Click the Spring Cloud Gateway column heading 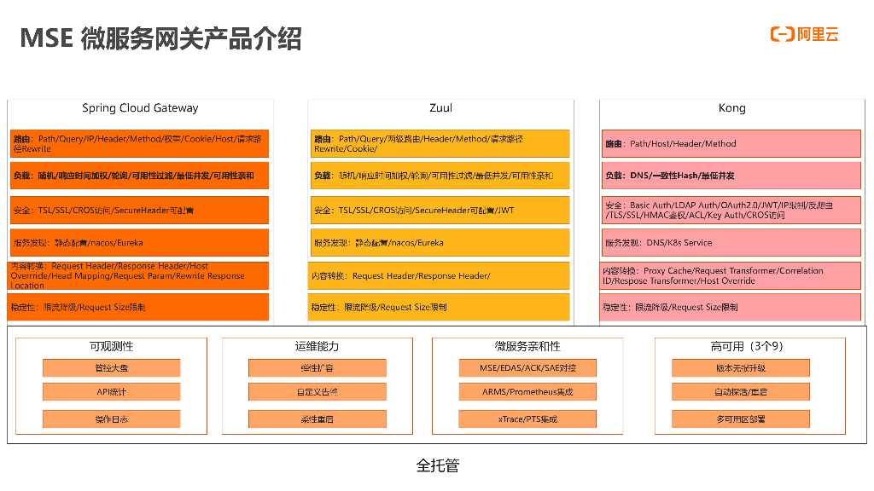pos(140,108)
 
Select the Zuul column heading pos(440,108)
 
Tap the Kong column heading pos(731,108)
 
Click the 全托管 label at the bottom pos(437,465)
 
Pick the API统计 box pos(111,392)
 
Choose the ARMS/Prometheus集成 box pos(527,392)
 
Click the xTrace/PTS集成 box pos(527,419)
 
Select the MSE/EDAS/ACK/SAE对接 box pos(527,368)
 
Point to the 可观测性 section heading pos(111,347)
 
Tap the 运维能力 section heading pos(317,347)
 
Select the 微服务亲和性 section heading pos(527,347)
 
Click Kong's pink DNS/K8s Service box pos(731,243)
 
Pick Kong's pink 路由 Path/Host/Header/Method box pos(731,144)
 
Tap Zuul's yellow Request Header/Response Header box pos(440,276)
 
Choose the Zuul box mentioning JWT pos(440,211)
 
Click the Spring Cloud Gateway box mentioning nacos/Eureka pos(139,243)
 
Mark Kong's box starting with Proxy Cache pos(731,275)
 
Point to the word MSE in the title pos(45,38)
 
